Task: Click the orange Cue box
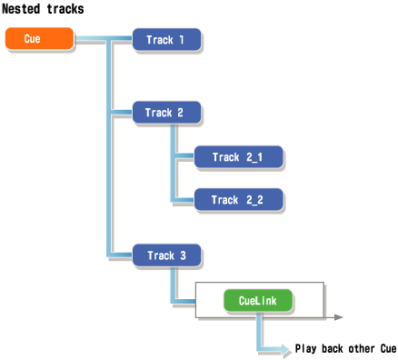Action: [38, 39]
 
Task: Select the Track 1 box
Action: [166, 40]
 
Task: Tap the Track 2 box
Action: [166, 113]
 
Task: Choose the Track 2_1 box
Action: [238, 157]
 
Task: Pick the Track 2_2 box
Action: [238, 200]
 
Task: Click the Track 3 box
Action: [166, 255]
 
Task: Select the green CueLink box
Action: [258, 300]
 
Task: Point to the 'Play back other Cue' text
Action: [345, 349]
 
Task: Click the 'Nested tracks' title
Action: [44, 9]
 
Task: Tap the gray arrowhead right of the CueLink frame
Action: [337, 317]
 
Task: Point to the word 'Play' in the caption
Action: [305, 349]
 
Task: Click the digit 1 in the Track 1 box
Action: [182, 40]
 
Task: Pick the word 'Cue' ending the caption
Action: [388, 349]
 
